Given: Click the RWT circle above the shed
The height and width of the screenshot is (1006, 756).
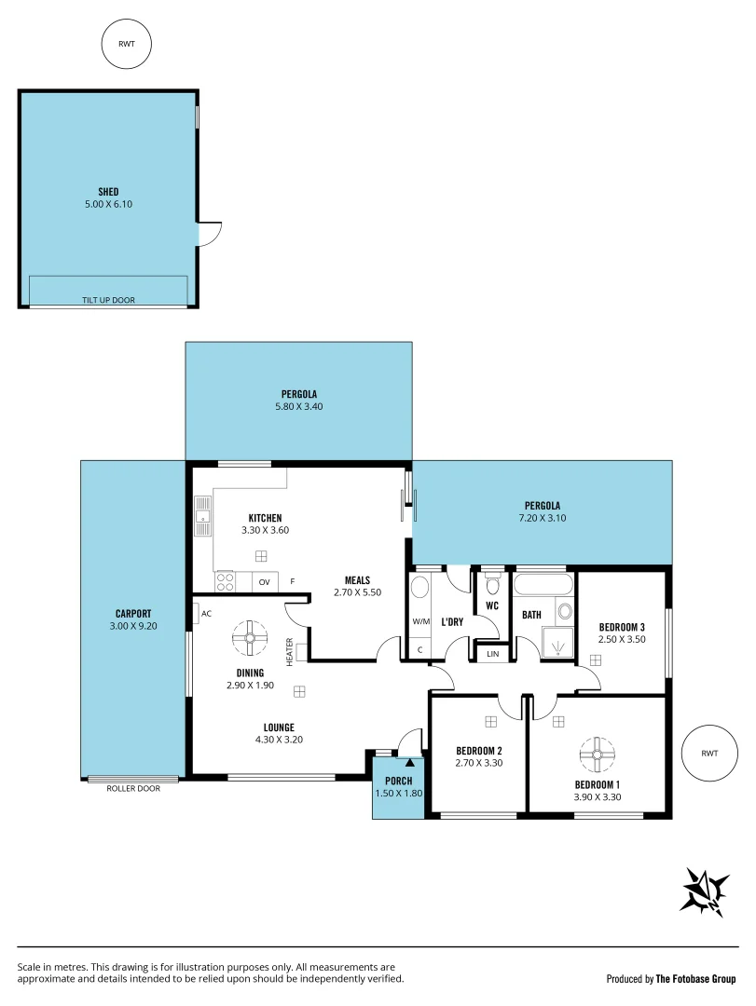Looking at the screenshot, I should click(126, 46).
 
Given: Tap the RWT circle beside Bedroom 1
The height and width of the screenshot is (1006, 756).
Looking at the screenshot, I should click(710, 753).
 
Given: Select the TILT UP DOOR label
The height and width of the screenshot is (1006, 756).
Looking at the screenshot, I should click(108, 300).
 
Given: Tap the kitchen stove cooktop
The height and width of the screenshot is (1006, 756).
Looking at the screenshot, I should click(226, 582).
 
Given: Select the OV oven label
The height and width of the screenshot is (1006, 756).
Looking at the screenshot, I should click(264, 583).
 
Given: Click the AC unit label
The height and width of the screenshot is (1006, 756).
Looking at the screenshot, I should click(207, 613).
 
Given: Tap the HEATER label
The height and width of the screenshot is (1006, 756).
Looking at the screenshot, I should click(290, 651).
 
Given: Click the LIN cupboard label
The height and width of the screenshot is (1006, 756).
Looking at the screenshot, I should click(492, 655).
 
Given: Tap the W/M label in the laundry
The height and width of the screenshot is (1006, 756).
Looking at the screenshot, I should click(419, 621).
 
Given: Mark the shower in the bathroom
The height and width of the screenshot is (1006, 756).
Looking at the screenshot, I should click(557, 642).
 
